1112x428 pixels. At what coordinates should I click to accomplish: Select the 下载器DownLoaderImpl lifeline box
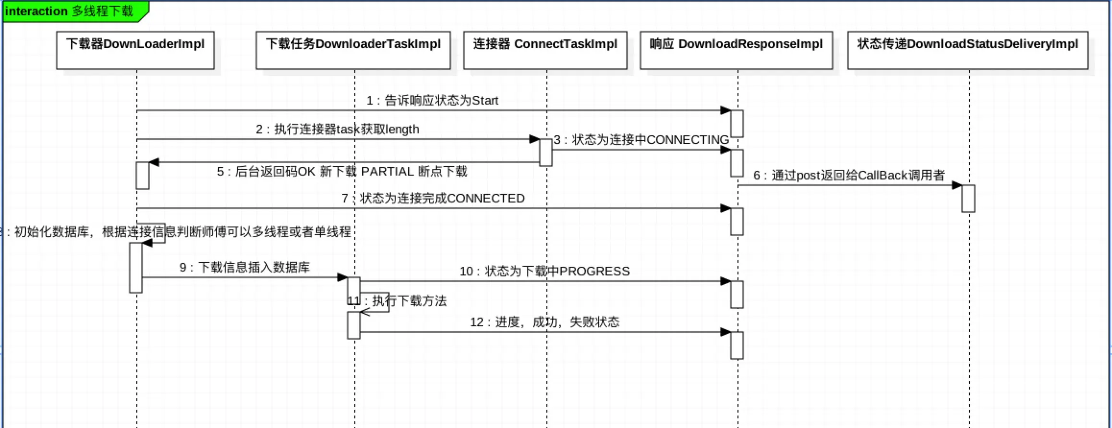[x=135, y=50]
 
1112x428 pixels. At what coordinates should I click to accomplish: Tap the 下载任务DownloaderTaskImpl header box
[x=353, y=50]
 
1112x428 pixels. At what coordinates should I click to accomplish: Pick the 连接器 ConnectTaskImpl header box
[x=545, y=50]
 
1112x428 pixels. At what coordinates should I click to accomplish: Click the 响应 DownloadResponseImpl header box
[x=737, y=50]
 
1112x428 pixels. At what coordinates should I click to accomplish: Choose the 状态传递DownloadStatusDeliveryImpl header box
[x=968, y=50]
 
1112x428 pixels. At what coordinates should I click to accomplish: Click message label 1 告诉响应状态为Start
[x=432, y=101]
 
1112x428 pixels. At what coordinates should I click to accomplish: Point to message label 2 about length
[x=337, y=130]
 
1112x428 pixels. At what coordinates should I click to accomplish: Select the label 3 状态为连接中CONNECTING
[x=641, y=140]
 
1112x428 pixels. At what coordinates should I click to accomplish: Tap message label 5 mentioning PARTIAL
[x=342, y=172]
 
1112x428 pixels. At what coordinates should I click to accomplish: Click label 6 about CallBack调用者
[x=849, y=176]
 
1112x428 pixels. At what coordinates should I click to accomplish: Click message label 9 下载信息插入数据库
[x=245, y=268]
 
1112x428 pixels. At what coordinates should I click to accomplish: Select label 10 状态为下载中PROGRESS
[x=544, y=272]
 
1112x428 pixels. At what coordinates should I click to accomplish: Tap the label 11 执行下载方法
[x=398, y=301]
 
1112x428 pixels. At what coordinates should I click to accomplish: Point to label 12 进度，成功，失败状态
[x=544, y=322]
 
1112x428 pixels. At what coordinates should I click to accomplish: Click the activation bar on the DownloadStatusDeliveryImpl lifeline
[x=968, y=199]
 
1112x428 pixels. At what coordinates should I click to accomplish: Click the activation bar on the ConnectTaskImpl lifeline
[x=545, y=153]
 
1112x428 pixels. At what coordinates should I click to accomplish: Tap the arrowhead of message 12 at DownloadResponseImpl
[x=725, y=332]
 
